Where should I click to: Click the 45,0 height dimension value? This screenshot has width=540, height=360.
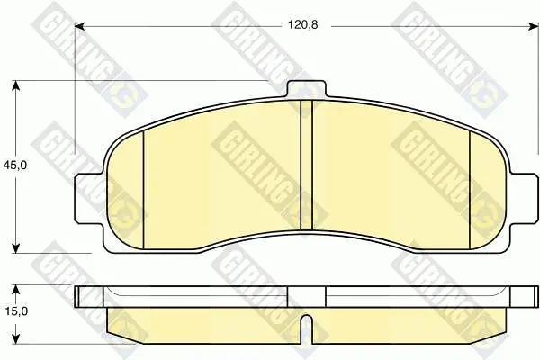[14, 166]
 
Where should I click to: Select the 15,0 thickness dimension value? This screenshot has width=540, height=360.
[16, 311]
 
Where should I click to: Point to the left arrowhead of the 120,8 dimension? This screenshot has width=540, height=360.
[79, 26]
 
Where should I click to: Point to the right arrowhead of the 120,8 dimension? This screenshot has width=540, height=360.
[533, 26]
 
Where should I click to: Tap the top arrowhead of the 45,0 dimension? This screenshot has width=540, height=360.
[15, 85]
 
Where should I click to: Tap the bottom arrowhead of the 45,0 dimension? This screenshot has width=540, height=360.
[15, 248]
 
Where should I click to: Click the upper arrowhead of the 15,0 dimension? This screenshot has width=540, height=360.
[15, 290]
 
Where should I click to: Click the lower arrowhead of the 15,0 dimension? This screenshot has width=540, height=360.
[15, 338]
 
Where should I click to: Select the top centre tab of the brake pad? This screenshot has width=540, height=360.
[306, 89]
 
